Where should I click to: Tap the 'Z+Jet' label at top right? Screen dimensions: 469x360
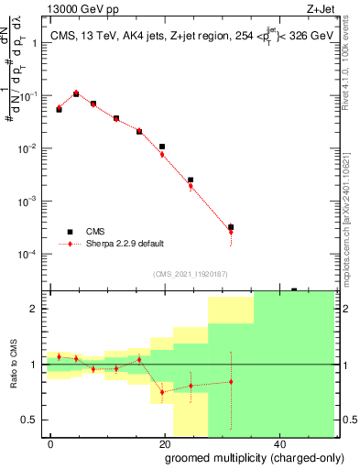[333, 9]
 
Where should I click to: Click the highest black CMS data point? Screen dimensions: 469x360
[76, 93]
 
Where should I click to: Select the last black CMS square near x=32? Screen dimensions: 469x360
[231, 226]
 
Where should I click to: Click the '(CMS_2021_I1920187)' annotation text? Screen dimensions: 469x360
[191, 273]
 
